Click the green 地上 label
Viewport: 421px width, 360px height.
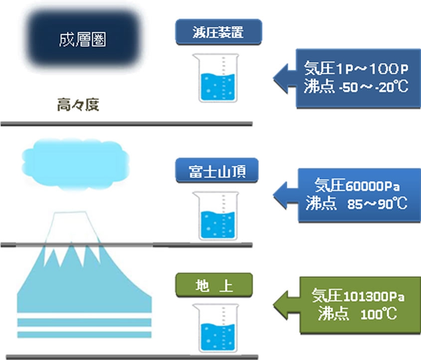[214, 286]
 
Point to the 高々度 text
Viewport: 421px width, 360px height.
[78, 106]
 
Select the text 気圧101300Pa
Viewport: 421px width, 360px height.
[358, 296]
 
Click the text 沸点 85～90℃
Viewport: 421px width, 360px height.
[357, 204]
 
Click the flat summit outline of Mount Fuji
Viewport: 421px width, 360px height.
[72, 213]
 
